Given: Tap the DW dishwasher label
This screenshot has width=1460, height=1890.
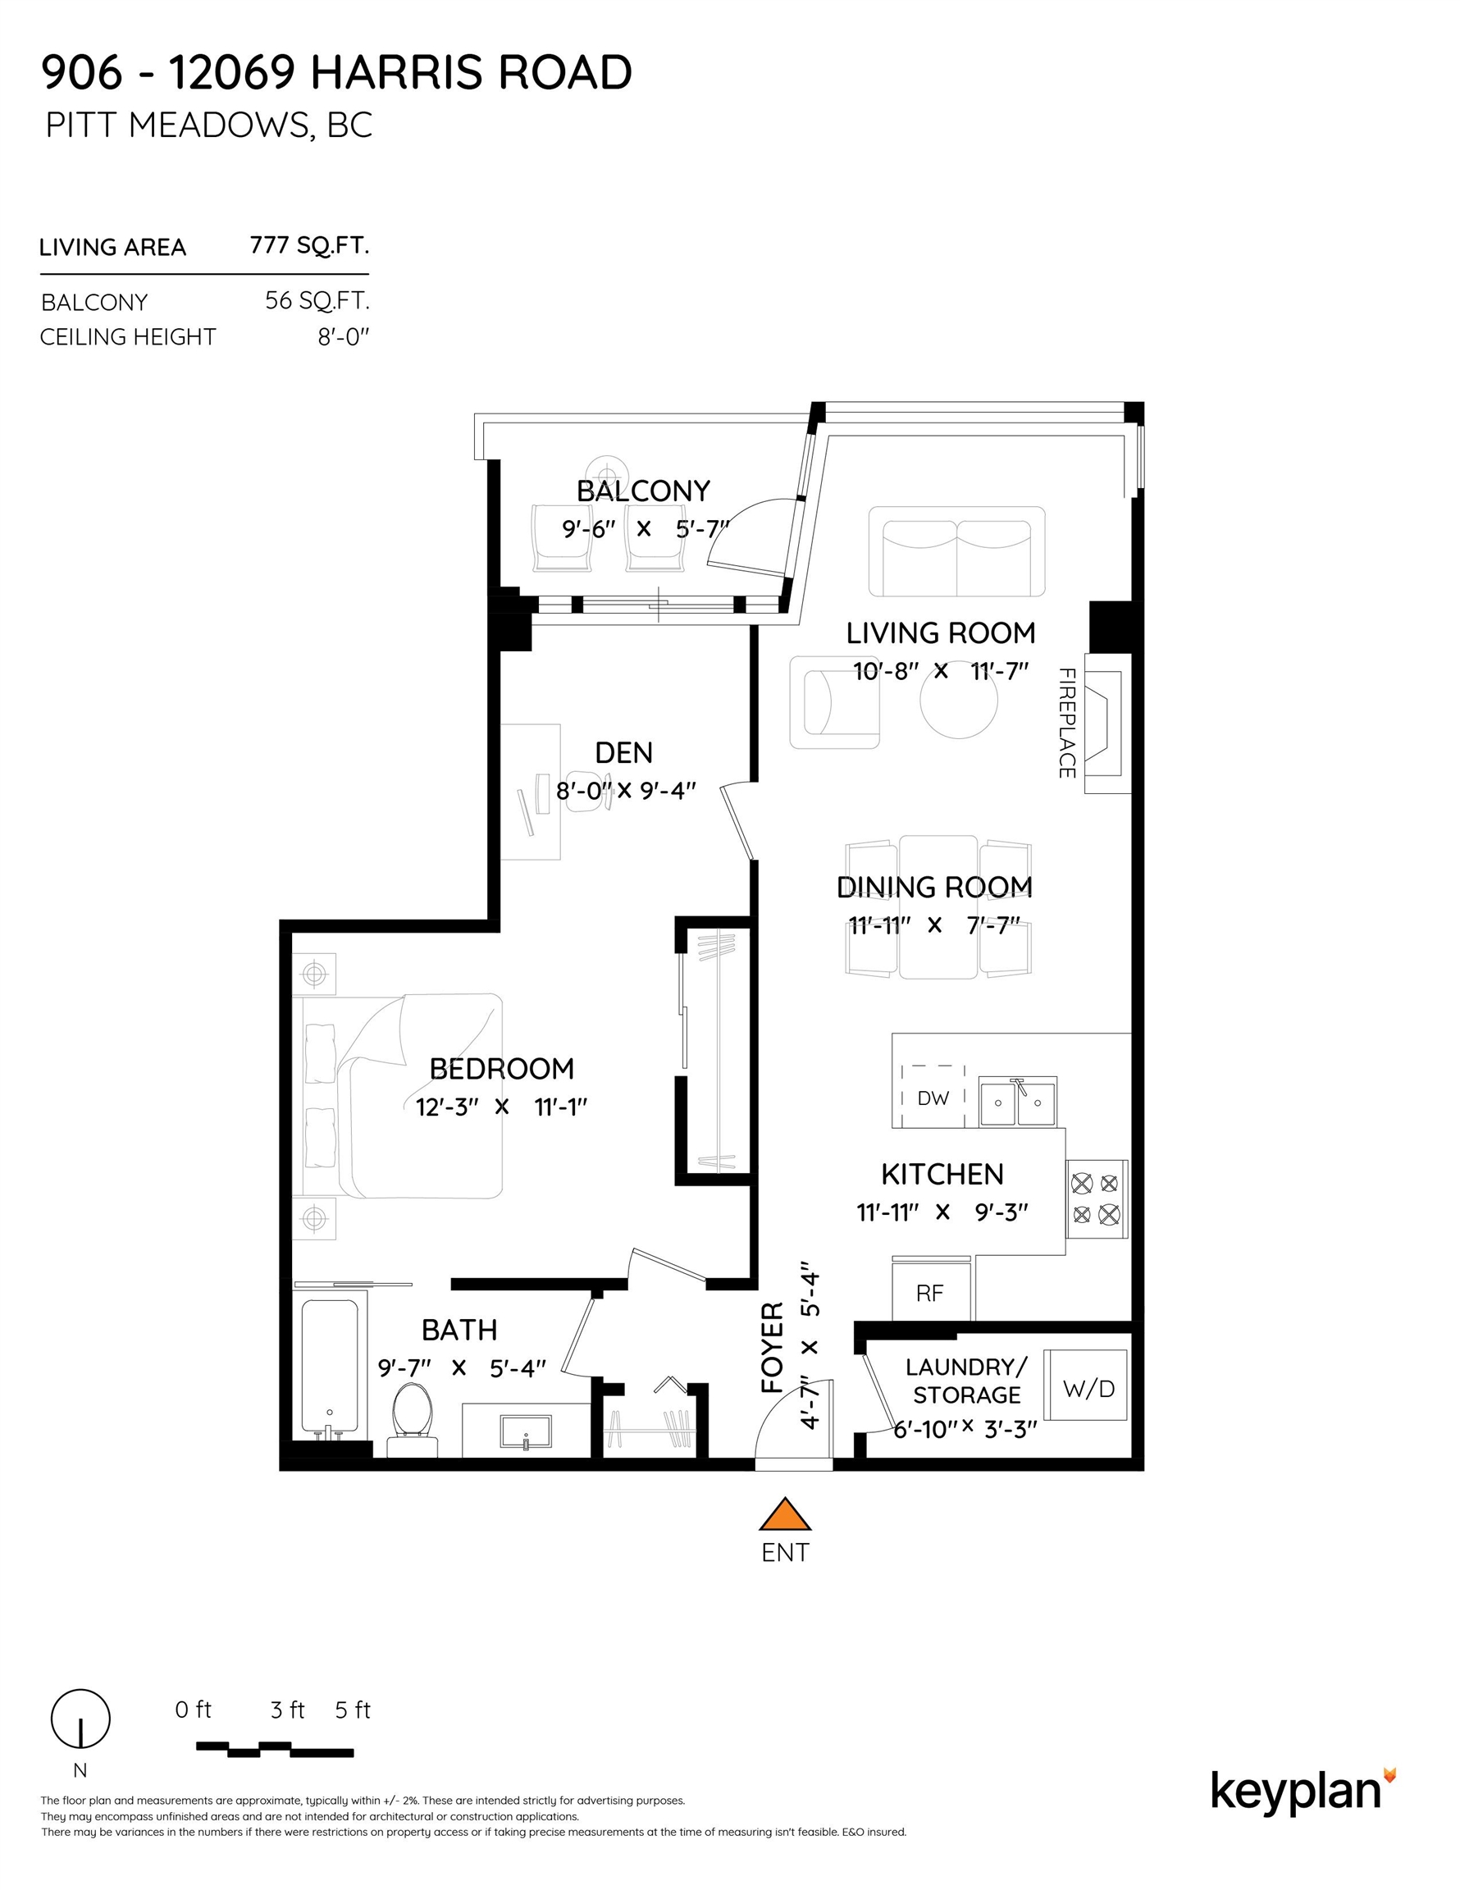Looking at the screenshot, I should [x=933, y=1098].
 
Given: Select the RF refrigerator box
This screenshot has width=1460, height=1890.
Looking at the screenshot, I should [x=930, y=1293].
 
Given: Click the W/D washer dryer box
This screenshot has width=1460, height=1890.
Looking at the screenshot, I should [x=1087, y=1389].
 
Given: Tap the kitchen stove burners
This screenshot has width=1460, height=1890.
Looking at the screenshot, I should [x=1096, y=1198].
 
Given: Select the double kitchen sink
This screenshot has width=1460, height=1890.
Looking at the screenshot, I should [x=1017, y=1102].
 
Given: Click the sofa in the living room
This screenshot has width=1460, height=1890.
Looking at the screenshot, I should [x=956, y=551].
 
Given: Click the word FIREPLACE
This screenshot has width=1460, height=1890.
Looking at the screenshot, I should [x=1067, y=723].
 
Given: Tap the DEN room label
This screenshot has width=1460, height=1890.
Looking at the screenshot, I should [x=623, y=753].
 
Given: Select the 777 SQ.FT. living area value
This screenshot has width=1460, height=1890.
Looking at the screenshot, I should [x=309, y=246].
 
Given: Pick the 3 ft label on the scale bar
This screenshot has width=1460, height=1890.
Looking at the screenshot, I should [x=287, y=1710].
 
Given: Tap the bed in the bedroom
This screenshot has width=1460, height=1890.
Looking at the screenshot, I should [x=407, y=1097].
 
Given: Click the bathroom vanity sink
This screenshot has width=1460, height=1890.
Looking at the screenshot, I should [x=525, y=1431].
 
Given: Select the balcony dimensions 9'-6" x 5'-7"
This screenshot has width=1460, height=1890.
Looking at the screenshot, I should [x=645, y=528].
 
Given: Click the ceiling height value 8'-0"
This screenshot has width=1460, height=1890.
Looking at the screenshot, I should [x=343, y=336].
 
